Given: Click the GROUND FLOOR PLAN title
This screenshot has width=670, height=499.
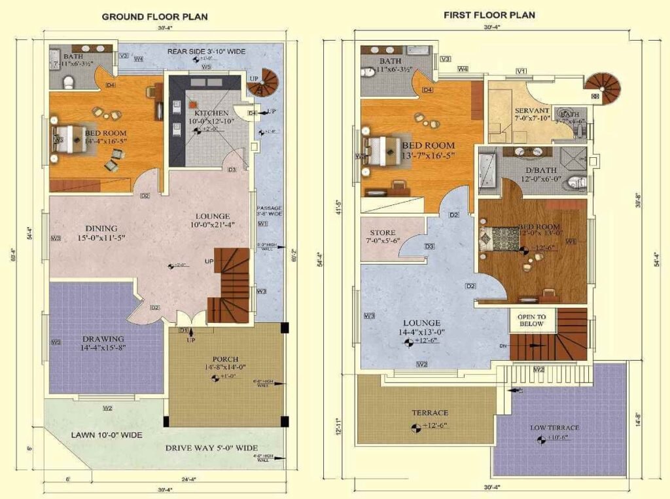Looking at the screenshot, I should coord(155,16).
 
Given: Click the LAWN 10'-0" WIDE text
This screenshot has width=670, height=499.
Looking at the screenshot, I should coord(106,434).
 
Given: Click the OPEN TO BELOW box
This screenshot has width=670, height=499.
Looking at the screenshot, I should coord(531,320).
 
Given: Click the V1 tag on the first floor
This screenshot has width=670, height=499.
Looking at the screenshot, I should coord(521,71).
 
